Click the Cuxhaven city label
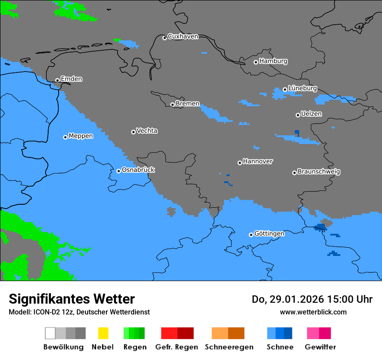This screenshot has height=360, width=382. click(183, 36)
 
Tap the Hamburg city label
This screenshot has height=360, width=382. click(273, 61)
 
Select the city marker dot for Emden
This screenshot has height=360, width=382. click(57, 80)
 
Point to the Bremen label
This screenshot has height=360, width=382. click(188, 104)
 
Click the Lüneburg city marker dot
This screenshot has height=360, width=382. click(285, 89)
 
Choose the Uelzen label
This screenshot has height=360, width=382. click(311, 114)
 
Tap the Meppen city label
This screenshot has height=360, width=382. click(81, 136)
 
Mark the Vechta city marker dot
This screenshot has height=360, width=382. click(133, 132)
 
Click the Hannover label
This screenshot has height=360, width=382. click(258, 161)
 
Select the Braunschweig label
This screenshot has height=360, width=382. click(319, 171)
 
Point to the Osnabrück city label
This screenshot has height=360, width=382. click(138, 170)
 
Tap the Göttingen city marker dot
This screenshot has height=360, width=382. click(251, 235)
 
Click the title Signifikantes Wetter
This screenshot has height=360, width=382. click(72, 299)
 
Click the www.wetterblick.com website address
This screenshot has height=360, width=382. click(313, 312)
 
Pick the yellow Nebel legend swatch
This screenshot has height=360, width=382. click(103, 333)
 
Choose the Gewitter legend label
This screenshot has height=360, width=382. click(320, 347)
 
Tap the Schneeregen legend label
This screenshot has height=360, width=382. click(229, 347)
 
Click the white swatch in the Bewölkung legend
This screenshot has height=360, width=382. click(50, 333)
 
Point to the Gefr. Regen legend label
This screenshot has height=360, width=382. click(177, 347)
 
